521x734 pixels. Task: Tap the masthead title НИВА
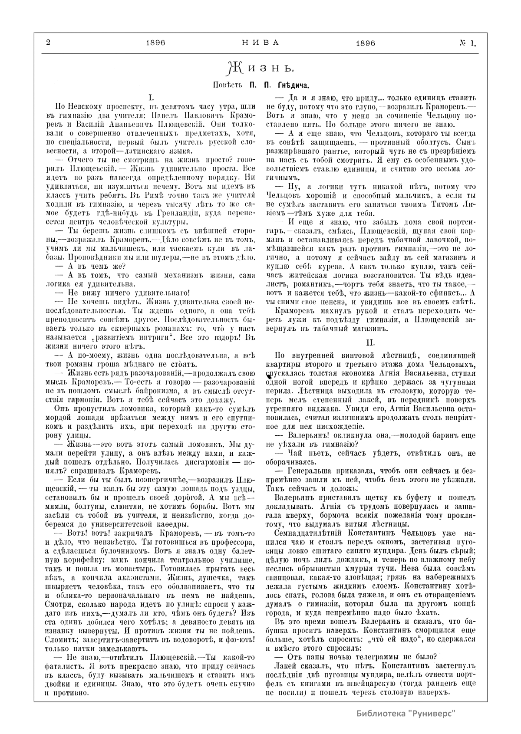point(260,43)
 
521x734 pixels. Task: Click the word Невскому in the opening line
point(87,106)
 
